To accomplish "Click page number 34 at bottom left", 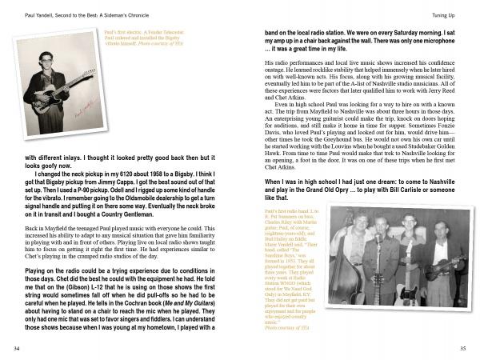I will point(17,349).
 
